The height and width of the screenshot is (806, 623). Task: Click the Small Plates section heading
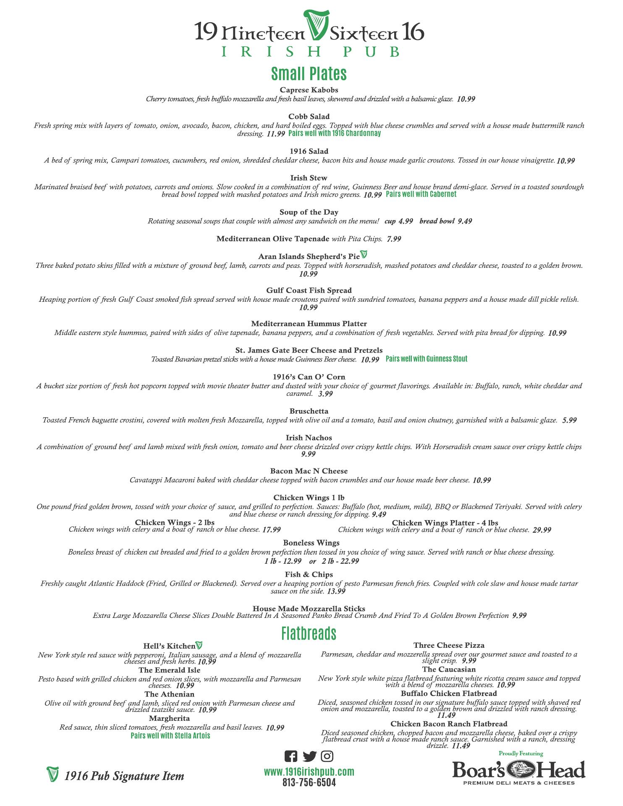coord(309,73)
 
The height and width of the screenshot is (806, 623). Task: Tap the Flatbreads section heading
coord(309,633)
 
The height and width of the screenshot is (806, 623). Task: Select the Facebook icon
coord(291,756)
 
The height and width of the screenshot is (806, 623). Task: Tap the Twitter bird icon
coord(309,756)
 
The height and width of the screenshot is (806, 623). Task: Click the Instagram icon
coord(327,756)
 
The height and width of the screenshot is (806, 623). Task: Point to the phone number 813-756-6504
coord(309,782)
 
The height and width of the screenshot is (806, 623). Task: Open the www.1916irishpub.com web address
coord(309,772)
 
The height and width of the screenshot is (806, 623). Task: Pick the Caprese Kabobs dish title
coord(309,90)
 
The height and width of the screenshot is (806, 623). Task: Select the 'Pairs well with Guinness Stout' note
coord(426,359)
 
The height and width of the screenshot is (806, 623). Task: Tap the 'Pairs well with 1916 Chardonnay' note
coord(335,133)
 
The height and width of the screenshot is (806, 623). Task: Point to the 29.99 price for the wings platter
coord(542,530)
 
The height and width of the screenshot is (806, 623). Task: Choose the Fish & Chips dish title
coord(309,574)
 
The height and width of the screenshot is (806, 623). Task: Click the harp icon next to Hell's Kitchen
coord(199,645)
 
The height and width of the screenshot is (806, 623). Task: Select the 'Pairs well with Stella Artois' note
coord(170,735)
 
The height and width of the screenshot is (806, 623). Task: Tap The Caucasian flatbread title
coord(449,669)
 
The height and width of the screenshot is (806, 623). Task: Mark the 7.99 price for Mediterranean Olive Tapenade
coord(394,239)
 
